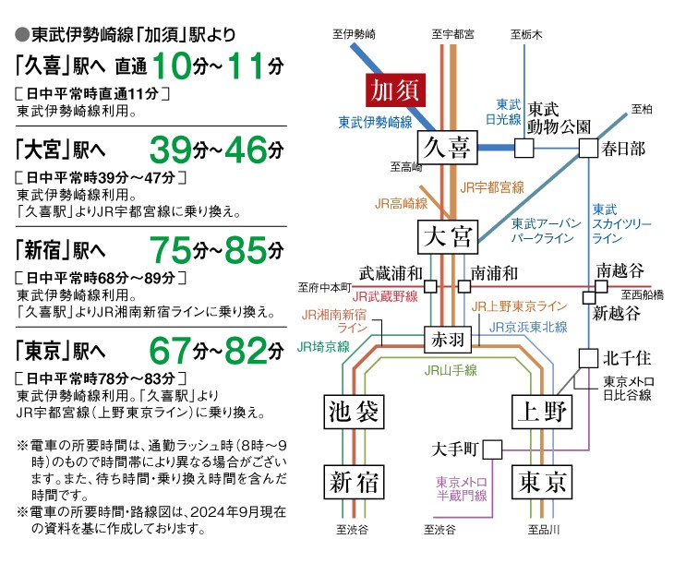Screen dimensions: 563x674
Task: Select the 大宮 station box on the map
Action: (x=448, y=236)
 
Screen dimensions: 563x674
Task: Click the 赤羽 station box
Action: (x=448, y=339)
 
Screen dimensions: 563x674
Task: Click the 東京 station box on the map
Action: (x=541, y=481)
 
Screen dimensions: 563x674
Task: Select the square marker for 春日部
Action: (x=588, y=148)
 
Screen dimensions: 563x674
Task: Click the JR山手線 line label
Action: (x=451, y=370)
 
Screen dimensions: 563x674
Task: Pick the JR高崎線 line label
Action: (x=401, y=203)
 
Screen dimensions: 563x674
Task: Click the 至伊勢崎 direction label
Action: (x=355, y=34)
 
